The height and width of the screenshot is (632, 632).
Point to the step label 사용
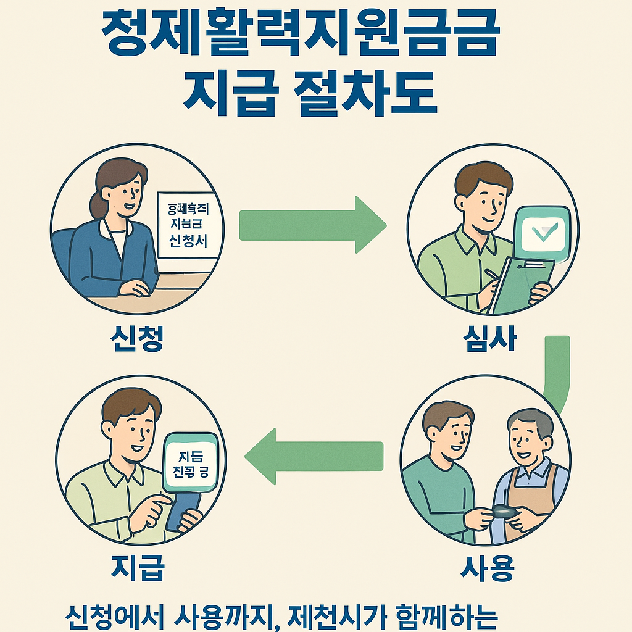tap(487, 567)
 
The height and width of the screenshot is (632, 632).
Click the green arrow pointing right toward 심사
tap(312, 224)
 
